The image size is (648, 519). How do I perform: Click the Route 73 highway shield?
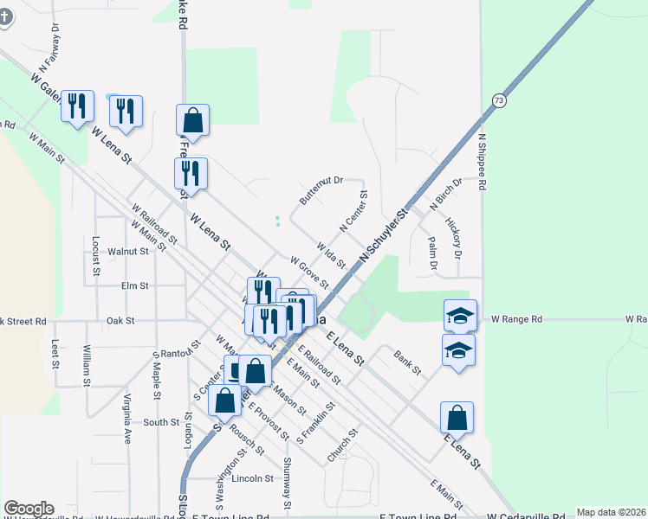tap(497, 100)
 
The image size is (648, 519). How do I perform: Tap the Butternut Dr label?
tap(321, 191)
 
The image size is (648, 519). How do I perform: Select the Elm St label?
tap(136, 285)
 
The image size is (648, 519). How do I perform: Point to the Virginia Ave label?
tap(127, 419)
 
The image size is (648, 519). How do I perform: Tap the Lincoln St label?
tap(251, 477)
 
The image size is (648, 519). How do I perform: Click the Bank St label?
tap(406, 362)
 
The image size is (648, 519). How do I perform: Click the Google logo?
tap(29, 509)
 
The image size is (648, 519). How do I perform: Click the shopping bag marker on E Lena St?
tap(457, 418)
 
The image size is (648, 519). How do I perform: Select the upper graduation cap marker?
tap(460, 316)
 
